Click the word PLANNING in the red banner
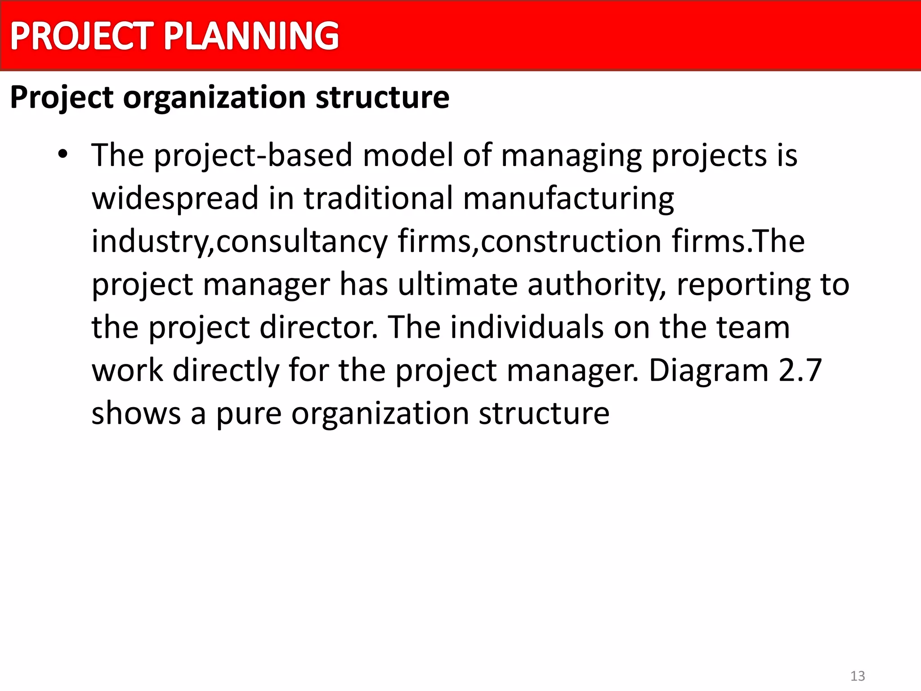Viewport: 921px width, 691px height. point(251,36)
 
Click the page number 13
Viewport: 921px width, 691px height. point(858,676)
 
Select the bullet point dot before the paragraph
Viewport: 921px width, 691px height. point(63,154)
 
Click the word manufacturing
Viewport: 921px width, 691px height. point(568,198)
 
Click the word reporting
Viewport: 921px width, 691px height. point(743,284)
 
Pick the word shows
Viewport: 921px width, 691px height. point(136,413)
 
